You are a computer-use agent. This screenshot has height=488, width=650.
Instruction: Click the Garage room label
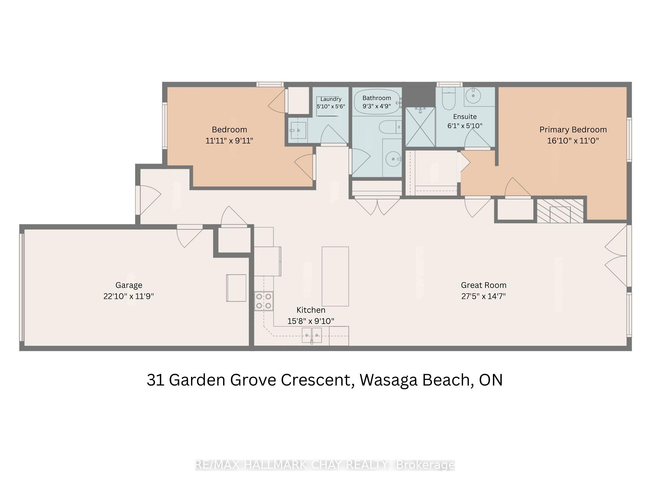[129, 285]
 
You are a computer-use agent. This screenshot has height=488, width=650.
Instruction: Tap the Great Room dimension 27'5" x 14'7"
[483, 296]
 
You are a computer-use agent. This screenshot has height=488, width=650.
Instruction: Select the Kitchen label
[311, 310]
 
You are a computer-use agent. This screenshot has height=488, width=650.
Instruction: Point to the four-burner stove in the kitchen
[264, 301]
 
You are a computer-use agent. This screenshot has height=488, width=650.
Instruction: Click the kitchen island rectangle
[335, 277]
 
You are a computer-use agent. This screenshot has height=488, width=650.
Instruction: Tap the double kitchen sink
[312, 335]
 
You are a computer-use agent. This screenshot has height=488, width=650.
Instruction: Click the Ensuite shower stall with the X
[420, 127]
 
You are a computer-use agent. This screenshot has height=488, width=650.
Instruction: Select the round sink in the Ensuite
[473, 95]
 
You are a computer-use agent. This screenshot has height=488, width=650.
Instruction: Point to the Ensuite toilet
[449, 99]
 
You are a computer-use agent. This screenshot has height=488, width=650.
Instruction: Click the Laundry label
[331, 99]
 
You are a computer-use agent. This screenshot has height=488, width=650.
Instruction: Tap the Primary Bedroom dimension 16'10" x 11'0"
[573, 140]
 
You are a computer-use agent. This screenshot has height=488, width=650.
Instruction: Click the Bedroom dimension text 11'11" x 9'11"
[229, 140]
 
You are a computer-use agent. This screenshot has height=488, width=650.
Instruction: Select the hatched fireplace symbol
[560, 211]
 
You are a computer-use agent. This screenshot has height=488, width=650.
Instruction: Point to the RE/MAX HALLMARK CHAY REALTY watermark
[325, 465]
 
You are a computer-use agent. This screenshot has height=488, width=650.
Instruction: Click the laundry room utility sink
[298, 130]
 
